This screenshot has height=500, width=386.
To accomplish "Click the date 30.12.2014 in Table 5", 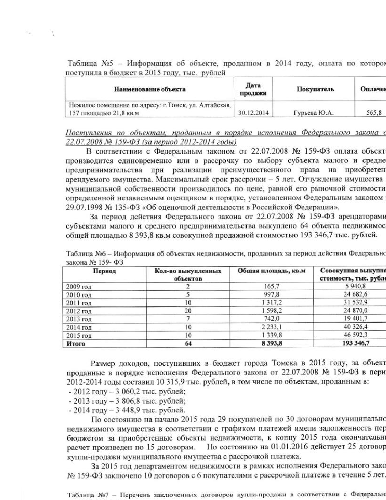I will click(x=253, y=113).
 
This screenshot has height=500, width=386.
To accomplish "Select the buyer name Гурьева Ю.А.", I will click(x=313, y=113).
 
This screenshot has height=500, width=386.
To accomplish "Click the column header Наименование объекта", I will click(x=150, y=89).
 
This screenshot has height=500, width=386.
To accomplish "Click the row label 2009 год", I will click(x=79, y=287).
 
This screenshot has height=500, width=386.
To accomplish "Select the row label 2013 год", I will click(x=79, y=319).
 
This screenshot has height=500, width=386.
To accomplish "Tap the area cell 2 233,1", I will click(x=272, y=327).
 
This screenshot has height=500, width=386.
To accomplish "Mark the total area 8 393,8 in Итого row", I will click(x=272, y=344).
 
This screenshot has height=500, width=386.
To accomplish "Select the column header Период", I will click(x=104, y=271).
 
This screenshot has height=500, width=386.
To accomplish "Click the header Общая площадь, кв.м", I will click(x=272, y=271).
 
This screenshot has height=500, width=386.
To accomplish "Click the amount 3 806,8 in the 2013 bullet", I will click(x=129, y=401).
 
